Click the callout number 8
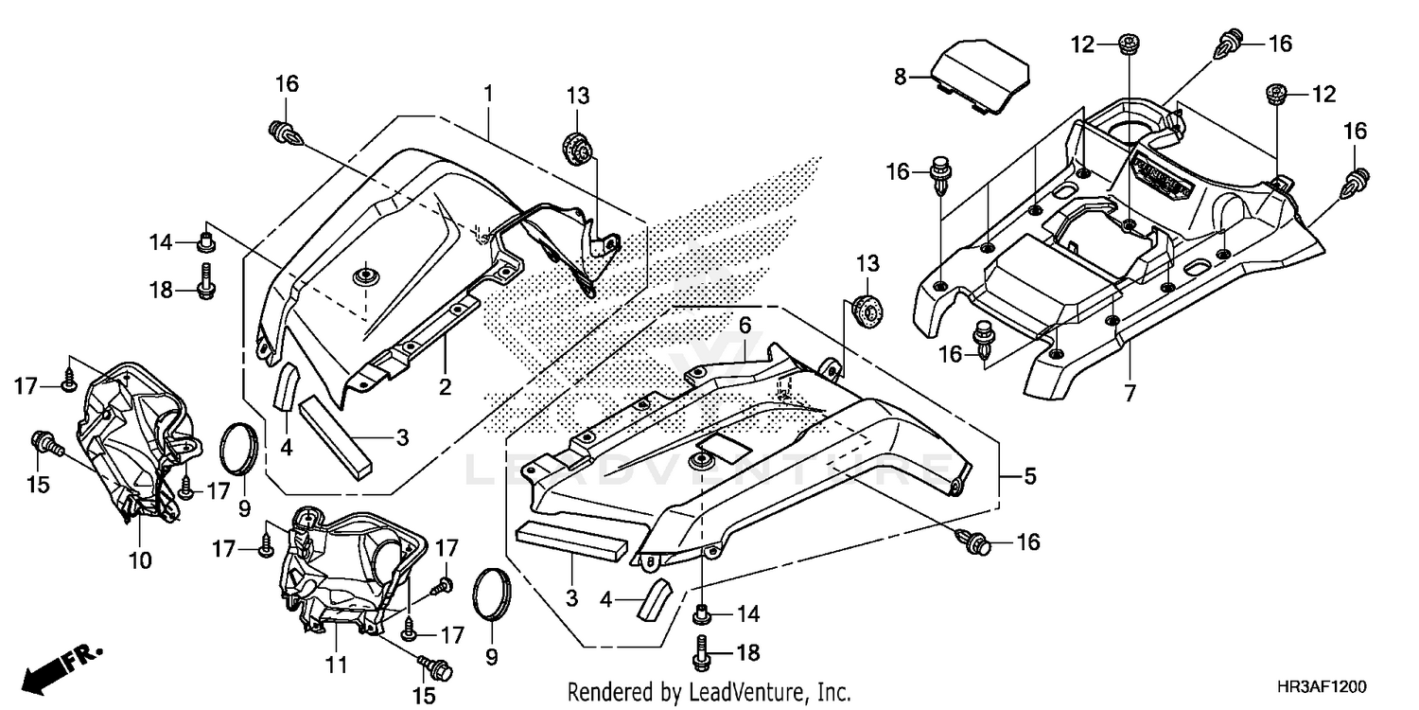point(901,77)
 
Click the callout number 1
point(488,94)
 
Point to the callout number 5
point(1029,477)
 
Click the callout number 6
point(745,325)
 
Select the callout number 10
point(140,560)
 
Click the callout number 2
point(444,386)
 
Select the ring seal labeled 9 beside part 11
point(494,595)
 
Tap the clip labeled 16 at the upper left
point(286,133)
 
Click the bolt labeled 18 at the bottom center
point(704,651)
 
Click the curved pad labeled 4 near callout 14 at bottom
point(655,598)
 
